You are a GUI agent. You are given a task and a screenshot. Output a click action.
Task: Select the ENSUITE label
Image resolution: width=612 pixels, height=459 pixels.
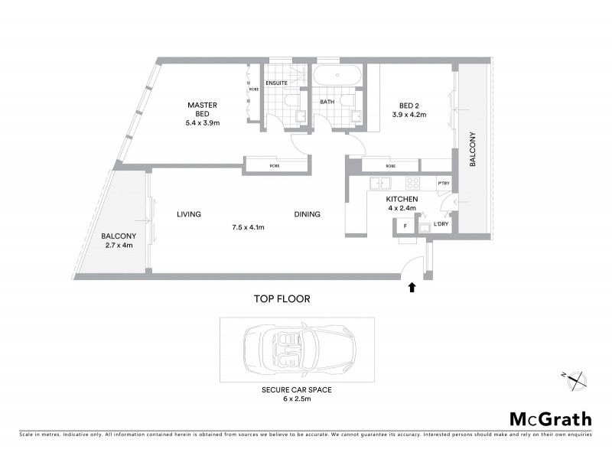click(275, 83)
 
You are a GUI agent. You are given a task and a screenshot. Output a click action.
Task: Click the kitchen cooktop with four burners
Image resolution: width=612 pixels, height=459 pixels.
click(412, 183)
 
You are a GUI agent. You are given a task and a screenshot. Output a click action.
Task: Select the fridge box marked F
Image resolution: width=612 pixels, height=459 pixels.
click(404, 226)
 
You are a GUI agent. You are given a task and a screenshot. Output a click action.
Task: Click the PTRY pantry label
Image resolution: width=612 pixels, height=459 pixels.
click(442, 184)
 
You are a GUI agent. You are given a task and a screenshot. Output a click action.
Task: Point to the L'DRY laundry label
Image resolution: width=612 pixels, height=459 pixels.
click(441, 224)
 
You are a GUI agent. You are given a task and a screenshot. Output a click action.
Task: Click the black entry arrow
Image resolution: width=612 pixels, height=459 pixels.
click(412, 288)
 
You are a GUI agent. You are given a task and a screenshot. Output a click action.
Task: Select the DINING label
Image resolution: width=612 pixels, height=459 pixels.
click(307, 215)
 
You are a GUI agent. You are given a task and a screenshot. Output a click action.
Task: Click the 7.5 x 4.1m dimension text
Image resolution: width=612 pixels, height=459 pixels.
click(248, 227)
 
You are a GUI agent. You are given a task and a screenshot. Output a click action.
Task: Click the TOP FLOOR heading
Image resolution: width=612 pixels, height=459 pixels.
click(283, 299)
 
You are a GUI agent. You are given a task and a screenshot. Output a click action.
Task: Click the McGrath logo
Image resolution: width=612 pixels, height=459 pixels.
click(550, 418)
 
